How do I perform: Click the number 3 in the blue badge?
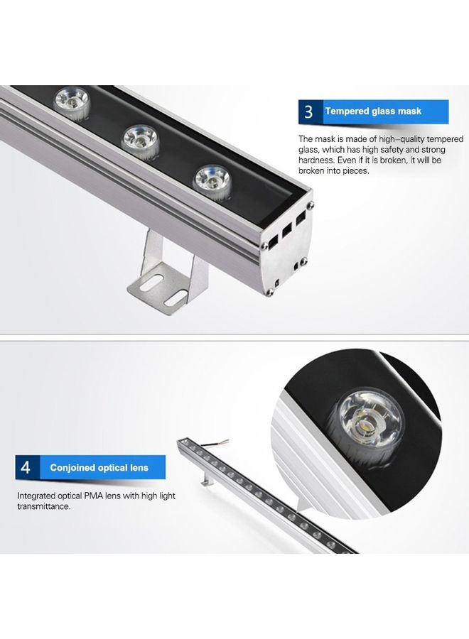click(308, 112)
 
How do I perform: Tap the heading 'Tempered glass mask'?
click(373, 111)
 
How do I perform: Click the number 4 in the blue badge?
click(26, 468)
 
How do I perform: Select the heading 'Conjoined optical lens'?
click(99, 468)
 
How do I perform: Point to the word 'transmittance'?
click(43, 506)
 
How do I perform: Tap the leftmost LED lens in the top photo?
click(72, 101)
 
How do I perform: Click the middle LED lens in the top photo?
click(141, 138)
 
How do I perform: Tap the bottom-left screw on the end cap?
click(270, 290)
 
